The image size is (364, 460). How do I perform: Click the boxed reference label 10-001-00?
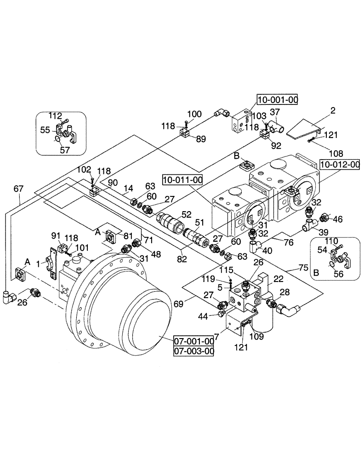(277, 98)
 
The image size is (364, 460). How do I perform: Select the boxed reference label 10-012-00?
(340, 164)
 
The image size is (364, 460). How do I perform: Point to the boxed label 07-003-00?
(194, 351)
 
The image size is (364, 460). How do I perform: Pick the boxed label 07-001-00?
(194, 341)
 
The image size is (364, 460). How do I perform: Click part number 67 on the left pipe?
(18, 188)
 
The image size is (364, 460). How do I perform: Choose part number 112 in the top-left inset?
(55, 116)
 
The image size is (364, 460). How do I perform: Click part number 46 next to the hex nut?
(338, 219)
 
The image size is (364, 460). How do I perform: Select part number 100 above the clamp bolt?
(194, 114)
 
